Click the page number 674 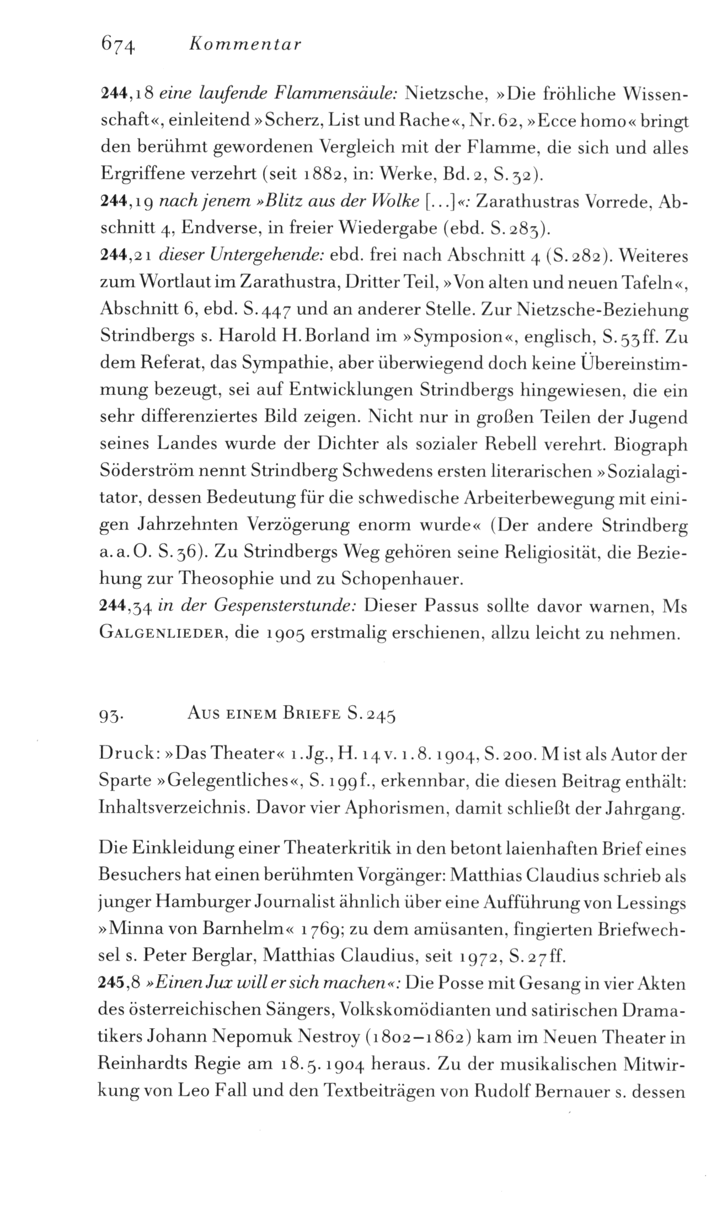117,45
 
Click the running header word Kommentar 244,45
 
